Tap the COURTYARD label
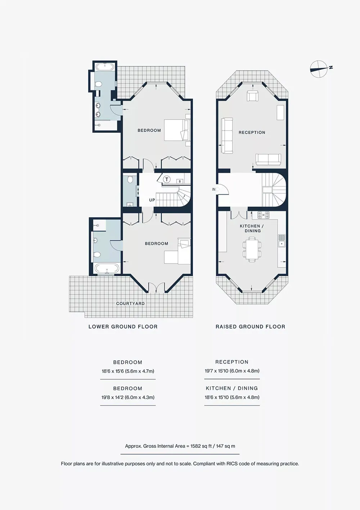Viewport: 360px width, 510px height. (x=130, y=303)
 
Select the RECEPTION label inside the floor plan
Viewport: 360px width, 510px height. (x=252, y=132)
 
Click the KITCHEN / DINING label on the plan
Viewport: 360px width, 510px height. (x=252, y=228)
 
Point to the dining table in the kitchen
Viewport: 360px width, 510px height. (x=252, y=249)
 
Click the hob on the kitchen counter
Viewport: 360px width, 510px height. (x=264, y=215)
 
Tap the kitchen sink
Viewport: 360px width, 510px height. (x=282, y=241)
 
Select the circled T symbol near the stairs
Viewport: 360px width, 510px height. (x=167, y=179)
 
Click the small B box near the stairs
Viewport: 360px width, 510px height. (x=180, y=181)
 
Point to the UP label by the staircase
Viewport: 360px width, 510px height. (x=152, y=200)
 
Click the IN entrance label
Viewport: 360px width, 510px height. (x=213, y=189)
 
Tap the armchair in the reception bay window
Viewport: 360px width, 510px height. (x=252, y=96)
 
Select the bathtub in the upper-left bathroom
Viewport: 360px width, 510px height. (x=105, y=67)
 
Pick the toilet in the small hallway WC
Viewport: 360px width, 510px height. (x=130, y=179)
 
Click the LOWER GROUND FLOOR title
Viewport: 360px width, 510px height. (x=123, y=327)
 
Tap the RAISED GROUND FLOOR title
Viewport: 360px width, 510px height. (x=250, y=327)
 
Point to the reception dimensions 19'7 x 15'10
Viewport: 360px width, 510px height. (x=232, y=371)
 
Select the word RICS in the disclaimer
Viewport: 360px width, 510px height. (x=232, y=464)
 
